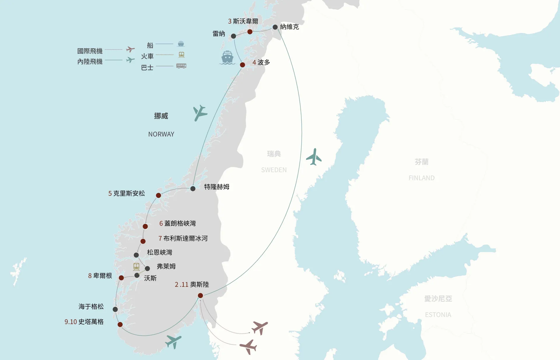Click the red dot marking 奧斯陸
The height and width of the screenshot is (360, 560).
click(200, 296)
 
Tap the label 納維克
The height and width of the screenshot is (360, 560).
click(289, 27)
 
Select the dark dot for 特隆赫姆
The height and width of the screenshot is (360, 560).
click(193, 189)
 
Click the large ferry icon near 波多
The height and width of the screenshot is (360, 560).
click(227, 57)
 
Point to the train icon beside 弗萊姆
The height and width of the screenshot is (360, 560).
click(136, 267)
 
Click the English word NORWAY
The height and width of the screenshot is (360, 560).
click(161, 134)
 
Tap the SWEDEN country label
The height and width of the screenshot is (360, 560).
click(274, 170)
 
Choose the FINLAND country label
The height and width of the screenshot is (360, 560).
click(421, 178)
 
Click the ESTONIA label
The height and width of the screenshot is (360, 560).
click(438, 315)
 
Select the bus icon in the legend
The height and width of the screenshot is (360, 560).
click(181, 66)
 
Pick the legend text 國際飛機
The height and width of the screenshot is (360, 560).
click(90, 51)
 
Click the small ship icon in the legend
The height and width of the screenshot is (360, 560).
click(181, 44)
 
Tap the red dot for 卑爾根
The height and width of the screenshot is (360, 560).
click(121, 278)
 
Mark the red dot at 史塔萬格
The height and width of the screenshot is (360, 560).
click(120, 324)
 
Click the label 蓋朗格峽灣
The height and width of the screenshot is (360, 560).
click(180, 223)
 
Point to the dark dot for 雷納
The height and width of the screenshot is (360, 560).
click(233, 36)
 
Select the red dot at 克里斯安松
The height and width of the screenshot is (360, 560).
click(158, 195)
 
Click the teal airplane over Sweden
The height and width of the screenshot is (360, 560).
click(314, 157)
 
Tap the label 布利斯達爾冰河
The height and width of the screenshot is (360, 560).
click(185, 238)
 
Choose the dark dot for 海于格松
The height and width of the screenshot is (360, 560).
click(115, 309)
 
